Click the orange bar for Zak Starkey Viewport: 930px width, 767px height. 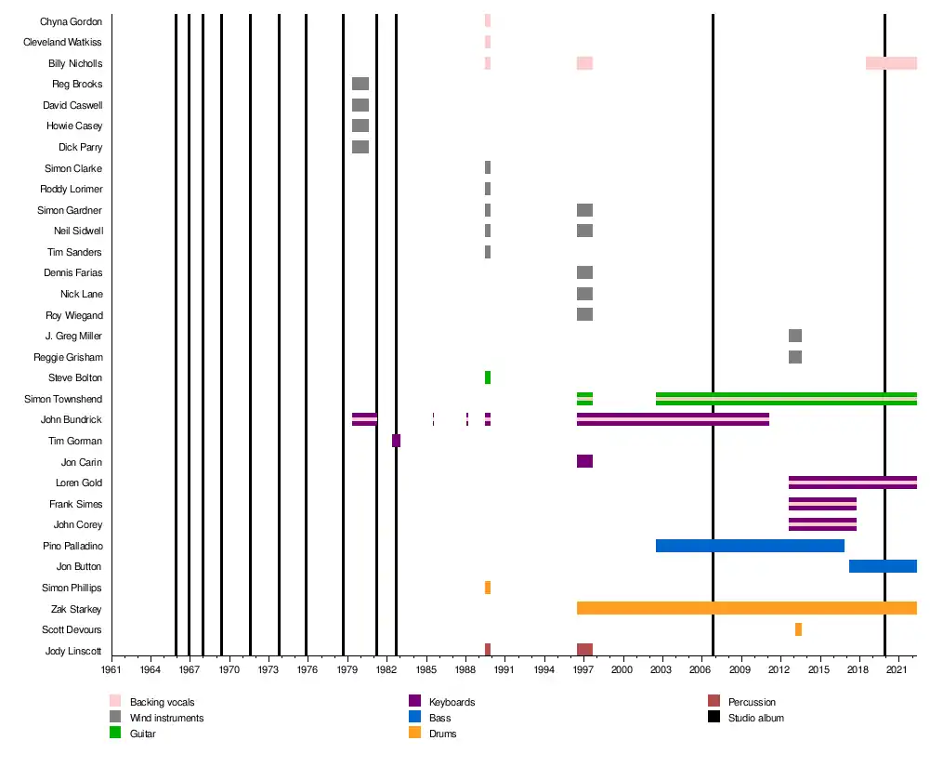point(747,608)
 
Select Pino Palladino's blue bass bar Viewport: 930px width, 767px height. point(751,546)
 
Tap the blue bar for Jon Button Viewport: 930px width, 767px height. point(884,566)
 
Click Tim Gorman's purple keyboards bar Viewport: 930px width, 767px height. point(396,441)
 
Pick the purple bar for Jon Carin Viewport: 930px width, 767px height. point(584,461)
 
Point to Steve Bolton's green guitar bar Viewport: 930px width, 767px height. point(488,377)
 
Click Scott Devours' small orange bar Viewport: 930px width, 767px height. point(798,629)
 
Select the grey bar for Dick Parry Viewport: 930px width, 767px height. point(360,147)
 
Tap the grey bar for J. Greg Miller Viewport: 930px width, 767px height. point(795,336)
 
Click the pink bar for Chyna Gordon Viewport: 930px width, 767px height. point(488,20)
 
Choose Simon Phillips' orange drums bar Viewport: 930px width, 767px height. point(488,588)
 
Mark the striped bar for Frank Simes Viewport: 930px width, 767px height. point(822,504)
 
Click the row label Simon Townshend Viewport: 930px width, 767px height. point(63,399)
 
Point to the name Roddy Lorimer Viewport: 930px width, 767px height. point(72,189)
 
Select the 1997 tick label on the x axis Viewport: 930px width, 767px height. point(583,669)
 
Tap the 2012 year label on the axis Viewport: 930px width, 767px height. point(779,669)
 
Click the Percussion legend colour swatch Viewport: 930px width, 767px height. point(714,701)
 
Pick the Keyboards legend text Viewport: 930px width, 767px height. point(452,702)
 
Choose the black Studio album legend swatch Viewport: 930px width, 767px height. point(714,717)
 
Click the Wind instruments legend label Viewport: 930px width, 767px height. point(166,718)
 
